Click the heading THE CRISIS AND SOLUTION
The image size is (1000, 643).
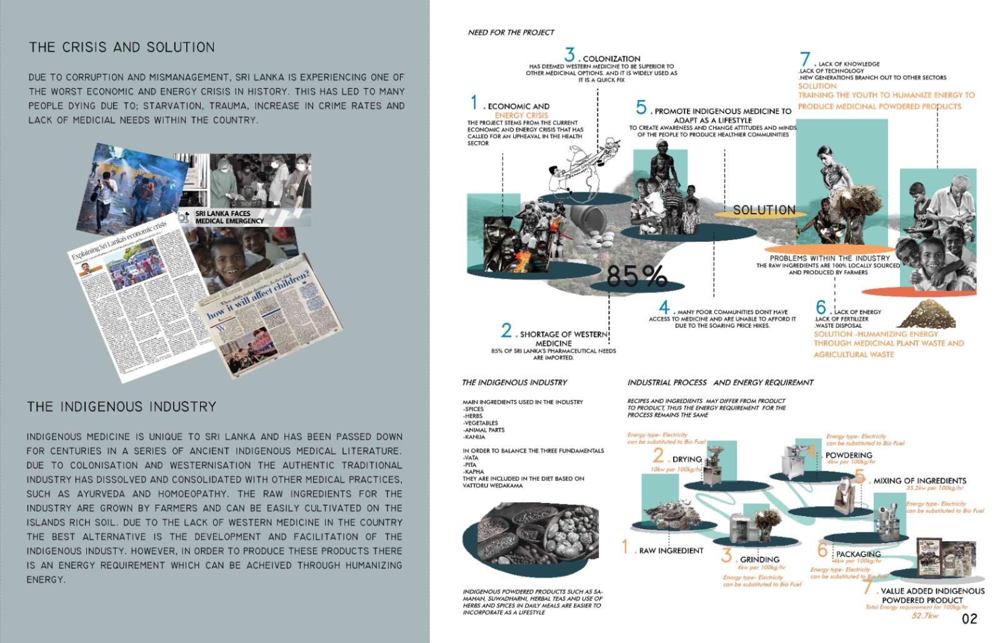pyautogui.click(x=122, y=47)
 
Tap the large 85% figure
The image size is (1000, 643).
pyautogui.click(x=636, y=276)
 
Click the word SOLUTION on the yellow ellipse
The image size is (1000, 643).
pyautogui.click(x=764, y=211)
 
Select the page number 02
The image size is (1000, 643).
pyautogui.click(x=969, y=619)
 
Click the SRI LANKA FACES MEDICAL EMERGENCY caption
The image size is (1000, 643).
pyautogui.click(x=229, y=217)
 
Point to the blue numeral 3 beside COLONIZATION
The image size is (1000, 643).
pyautogui.click(x=569, y=55)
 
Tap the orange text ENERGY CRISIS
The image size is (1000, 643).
pyautogui.click(x=521, y=115)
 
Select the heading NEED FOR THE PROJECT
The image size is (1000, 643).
pyautogui.click(x=511, y=32)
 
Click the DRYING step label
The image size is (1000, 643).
pyautogui.click(x=686, y=459)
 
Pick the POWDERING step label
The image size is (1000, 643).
pyautogui.click(x=848, y=455)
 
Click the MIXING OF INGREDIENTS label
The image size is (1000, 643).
pyautogui.click(x=919, y=481)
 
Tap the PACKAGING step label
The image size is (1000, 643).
pyautogui.click(x=858, y=554)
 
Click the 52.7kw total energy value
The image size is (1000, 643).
pyautogui.click(x=925, y=616)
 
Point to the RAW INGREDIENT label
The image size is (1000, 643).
pyautogui.click(x=671, y=551)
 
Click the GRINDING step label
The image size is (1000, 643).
pyautogui.click(x=759, y=559)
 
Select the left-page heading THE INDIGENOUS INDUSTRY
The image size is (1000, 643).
pyautogui.click(x=122, y=407)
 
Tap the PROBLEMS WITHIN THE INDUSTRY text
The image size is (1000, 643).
pyautogui.click(x=829, y=258)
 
